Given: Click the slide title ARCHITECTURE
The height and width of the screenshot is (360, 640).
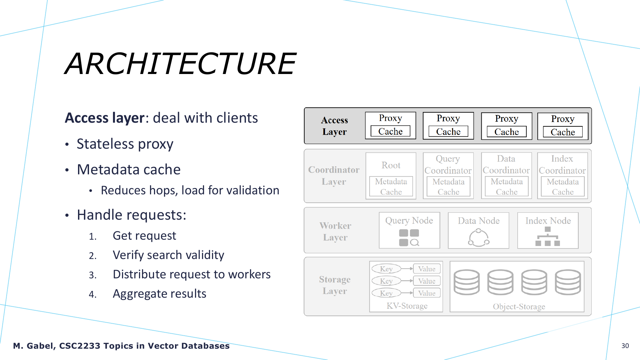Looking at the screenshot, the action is click(180, 63).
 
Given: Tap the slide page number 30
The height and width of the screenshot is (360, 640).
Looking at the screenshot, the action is click(625, 346).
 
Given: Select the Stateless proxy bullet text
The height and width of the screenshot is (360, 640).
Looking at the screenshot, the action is click(125, 144).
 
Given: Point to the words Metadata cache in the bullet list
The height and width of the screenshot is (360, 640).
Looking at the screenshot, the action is click(129, 169).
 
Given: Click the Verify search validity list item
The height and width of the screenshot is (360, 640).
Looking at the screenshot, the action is click(168, 255).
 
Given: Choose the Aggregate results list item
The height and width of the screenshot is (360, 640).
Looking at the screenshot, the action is click(159, 294).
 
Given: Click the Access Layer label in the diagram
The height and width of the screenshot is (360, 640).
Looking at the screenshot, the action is click(334, 126).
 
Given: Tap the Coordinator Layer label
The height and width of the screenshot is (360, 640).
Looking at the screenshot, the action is click(334, 176).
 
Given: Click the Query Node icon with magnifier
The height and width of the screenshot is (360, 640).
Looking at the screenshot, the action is click(409, 238).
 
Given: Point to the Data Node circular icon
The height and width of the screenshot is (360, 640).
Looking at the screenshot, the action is click(479, 237).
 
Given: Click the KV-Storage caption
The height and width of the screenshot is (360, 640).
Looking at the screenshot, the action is click(407, 306).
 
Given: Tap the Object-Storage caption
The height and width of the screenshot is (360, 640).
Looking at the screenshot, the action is click(519, 306).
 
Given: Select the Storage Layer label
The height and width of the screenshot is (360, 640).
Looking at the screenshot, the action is click(335, 285).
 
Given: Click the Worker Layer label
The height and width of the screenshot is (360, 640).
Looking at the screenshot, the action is click(335, 231).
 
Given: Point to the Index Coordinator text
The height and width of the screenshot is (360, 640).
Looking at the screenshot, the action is click(562, 164).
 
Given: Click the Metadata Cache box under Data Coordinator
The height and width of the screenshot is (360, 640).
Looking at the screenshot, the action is click(507, 186).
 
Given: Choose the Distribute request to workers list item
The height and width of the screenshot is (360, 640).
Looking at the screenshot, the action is click(192, 274).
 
